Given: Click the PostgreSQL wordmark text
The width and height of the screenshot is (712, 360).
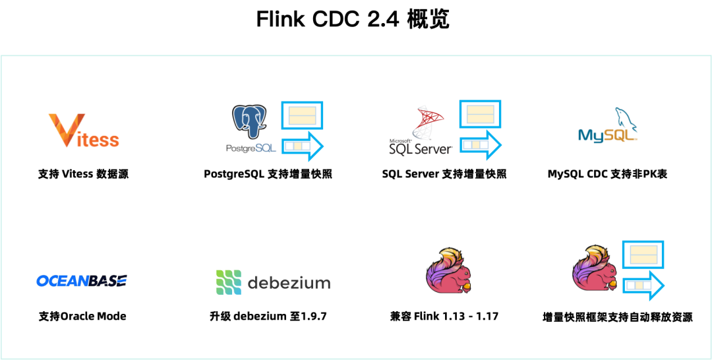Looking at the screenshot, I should coord(251,149).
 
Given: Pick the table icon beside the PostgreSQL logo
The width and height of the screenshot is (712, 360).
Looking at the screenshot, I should coord(303,116).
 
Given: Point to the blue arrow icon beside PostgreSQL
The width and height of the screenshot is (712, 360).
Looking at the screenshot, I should coord(303,146).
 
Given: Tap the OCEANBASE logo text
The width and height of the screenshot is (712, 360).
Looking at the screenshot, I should coord(82,281).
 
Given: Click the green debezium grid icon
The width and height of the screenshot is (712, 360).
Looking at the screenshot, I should coord(228,282).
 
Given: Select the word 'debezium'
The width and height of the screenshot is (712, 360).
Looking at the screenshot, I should coord(289,283).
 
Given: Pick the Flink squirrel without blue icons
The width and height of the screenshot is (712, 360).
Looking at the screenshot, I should coord(449,271).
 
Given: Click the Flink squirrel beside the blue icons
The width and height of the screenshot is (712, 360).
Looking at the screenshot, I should coord(596,270).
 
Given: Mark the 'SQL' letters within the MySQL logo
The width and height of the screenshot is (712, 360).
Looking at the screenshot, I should coord(622,136).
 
